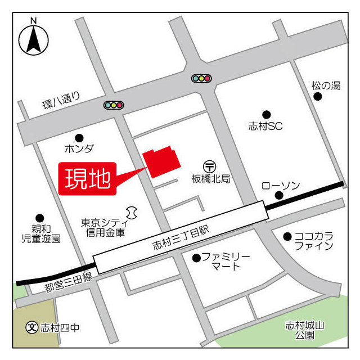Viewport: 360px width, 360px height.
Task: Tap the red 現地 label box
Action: coord(88,179)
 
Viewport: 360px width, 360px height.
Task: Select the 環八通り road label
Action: coord(62,102)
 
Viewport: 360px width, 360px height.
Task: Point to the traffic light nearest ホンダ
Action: coord(114,105)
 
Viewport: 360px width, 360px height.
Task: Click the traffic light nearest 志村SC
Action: coord(201,79)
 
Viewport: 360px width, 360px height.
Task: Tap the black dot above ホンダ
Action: coord(79,137)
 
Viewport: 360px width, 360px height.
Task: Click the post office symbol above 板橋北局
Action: coord(210,166)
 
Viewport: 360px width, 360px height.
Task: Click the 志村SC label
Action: coord(265,127)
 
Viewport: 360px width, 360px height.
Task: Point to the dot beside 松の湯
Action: coord(318,97)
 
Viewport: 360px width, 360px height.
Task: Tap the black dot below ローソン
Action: coord(278,196)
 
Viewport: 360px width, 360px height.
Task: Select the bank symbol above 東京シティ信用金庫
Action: coord(132,211)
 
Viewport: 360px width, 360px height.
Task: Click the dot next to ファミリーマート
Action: coord(196,258)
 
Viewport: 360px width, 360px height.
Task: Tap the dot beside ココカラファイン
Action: coord(287,236)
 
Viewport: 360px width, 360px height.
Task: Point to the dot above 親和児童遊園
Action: coord(39,218)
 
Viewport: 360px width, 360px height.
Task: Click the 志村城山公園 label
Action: coord(304,330)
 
